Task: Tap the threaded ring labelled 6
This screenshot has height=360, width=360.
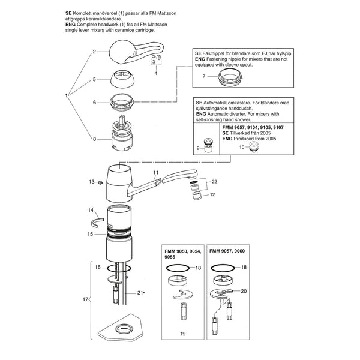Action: click(122, 102)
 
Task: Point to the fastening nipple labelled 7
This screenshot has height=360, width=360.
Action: click(230, 77)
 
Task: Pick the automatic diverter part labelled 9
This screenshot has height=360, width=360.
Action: click(208, 146)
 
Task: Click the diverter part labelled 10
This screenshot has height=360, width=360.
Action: click(253, 147)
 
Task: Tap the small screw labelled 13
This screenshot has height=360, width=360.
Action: click(100, 182)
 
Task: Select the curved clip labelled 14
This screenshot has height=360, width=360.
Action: click(97, 221)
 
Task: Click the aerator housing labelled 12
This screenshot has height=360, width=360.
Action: click(197, 196)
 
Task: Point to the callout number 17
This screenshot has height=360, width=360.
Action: click(85, 299)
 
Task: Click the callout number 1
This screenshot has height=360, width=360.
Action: click(67, 95)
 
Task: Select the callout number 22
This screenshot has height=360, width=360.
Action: click(214, 182)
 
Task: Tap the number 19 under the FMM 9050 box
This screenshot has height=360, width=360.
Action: click(183, 334)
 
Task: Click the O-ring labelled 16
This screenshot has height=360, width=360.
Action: click(119, 268)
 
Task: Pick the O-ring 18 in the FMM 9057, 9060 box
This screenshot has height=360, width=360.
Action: click(223, 268)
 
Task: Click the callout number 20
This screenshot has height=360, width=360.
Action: click(244, 291)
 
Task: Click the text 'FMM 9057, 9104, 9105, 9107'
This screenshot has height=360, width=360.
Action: click(253, 127)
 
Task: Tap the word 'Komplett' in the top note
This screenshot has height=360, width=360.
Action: click(82, 14)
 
